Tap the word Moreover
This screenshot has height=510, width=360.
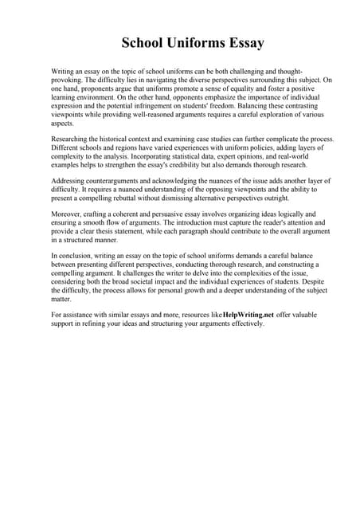(x=67, y=214)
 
